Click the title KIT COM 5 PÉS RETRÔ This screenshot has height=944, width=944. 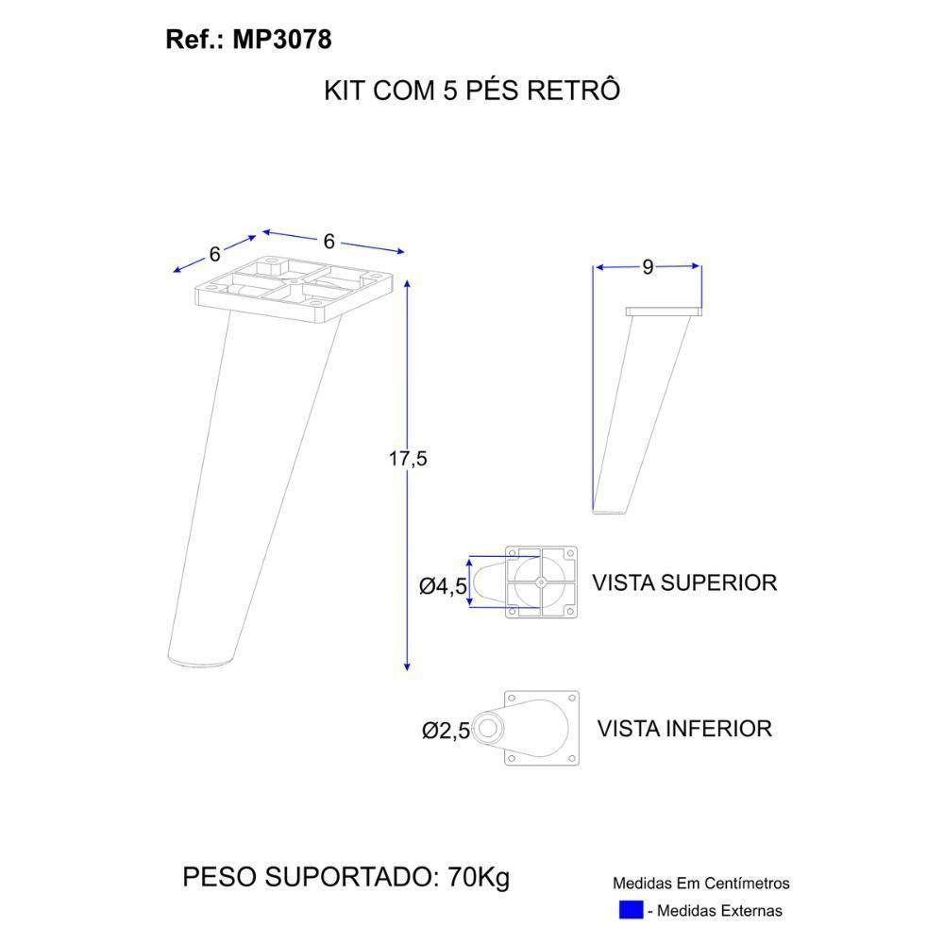coord(472,91)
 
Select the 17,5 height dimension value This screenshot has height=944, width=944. coord(408,459)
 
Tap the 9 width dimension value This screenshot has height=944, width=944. coord(648,267)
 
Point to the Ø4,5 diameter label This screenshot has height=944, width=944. coord(443,586)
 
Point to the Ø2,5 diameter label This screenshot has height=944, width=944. coord(446,731)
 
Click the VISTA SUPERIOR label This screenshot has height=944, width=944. coord(684,582)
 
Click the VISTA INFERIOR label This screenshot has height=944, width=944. coord(684,729)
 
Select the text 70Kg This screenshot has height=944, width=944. coord(479,877)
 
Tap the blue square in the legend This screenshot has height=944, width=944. coord(631,911)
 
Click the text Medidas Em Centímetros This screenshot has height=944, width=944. coord(700,884)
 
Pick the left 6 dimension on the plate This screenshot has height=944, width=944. coord(214,254)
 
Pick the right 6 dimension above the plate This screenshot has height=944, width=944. coord(329,242)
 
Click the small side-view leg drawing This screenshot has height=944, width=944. coord(642,406)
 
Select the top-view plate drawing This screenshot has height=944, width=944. coord(540,582)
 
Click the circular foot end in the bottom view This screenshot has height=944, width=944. coord(488,728)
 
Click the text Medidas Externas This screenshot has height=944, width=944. coord(719,911)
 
